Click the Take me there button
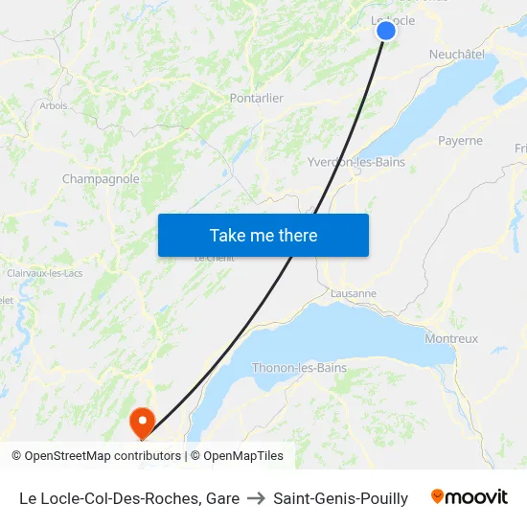pyautogui.click(x=263, y=236)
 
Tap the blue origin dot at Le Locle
pyautogui.click(x=386, y=31)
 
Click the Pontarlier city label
pyautogui.click(x=257, y=98)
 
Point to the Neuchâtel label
pyautogui.click(x=457, y=55)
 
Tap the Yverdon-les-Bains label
pyautogui.click(x=356, y=162)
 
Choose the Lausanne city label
pyautogui.click(x=353, y=293)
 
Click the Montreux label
pyautogui.click(x=451, y=338)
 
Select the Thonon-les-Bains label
pyautogui.click(x=299, y=368)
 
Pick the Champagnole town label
pyautogui.click(x=101, y=179)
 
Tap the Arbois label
pyautogui.click(x=54, y=105)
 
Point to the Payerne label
pyautogui.click(x=460, y=141)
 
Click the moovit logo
pyautogui.click(x=470, y=497)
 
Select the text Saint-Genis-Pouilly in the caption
pyautogui.click(x=340, y=498)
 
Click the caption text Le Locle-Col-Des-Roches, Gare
pyautogui.click(x=129, y=498)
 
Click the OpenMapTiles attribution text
pyautogui.click(x=243, y=456)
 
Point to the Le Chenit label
pyautogui.click(x=214, y=258)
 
